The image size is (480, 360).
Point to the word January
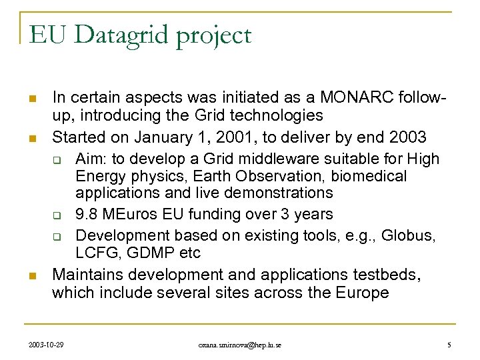167,137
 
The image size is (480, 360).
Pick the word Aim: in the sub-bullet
92,159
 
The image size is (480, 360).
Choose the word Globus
414,236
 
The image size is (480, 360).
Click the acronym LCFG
96,253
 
